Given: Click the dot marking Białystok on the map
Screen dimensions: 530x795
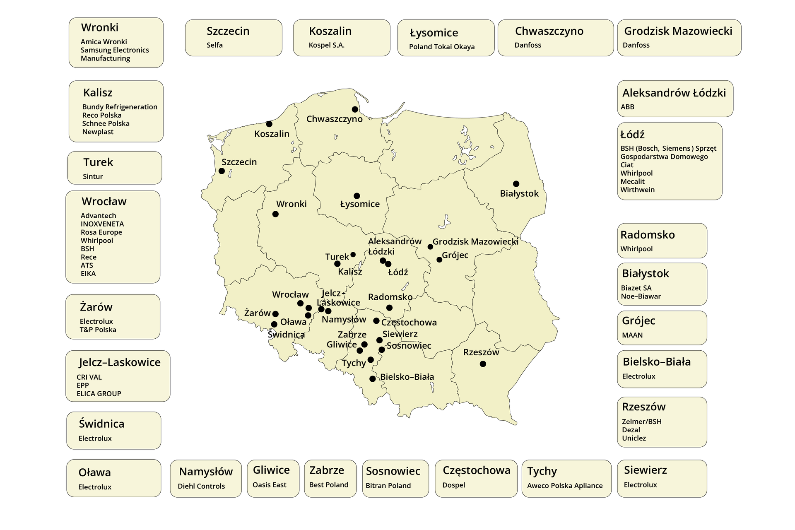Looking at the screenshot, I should [516, 184].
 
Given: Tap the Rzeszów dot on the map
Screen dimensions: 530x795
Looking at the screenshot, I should [483, 364].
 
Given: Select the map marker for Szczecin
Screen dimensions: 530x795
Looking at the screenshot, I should [222, 171].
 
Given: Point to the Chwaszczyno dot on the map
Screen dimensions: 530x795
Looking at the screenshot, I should [355, 109].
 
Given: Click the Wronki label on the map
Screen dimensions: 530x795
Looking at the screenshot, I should [291, 204].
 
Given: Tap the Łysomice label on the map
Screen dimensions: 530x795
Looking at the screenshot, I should [360, 204].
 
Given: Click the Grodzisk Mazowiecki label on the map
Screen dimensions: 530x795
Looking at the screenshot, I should [475, 241].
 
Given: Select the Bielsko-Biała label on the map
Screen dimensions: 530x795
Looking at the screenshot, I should [407, 377].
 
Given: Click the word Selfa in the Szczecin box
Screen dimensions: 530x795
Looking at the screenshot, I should [214, 45].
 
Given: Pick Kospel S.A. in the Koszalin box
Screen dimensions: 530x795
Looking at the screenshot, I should [326, 45].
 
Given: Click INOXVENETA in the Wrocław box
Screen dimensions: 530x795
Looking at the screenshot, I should [102, 224].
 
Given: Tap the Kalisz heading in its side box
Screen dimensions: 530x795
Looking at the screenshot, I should [98, 93].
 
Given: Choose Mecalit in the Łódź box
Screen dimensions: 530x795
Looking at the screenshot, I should [632, 181].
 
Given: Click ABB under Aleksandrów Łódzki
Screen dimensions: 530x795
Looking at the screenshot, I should [627, 107].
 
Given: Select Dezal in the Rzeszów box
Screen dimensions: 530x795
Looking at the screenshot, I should [631, 430].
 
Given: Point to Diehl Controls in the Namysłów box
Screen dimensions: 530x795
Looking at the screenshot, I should [201, 486].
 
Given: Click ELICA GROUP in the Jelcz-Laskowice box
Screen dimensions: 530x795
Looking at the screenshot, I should [99, 394].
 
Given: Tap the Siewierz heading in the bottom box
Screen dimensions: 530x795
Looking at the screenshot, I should [645, 470].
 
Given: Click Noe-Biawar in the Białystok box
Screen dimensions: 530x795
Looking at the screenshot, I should [641, 296].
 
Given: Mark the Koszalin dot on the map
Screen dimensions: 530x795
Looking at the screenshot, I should [269, 124].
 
